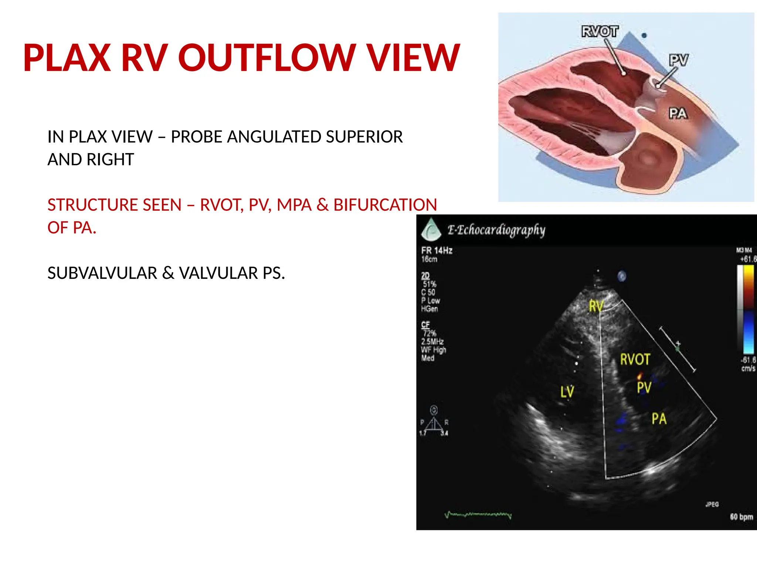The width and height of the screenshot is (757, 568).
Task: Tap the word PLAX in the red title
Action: (67, 58)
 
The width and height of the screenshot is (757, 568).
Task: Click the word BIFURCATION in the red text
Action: (385, 205)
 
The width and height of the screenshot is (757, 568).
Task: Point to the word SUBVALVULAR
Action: (102, 273)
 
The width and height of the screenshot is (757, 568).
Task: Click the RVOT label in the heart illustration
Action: (600, 31)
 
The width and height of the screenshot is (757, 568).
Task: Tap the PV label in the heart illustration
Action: (679, 60)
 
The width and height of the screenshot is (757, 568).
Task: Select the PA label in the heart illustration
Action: (678, 113)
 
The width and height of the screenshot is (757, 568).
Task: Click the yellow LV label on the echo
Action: (567, 392)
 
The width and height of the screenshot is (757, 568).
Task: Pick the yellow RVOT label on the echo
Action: (635, 359)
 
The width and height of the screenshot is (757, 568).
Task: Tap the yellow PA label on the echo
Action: (659, 419)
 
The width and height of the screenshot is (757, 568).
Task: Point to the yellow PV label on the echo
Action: (644, 388)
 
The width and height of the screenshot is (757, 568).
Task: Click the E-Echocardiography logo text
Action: (496, 230)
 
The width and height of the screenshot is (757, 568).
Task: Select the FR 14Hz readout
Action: (437, 251)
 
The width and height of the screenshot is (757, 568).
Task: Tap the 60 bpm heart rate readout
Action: (741, 517)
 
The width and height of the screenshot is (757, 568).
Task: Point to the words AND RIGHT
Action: (91, 160)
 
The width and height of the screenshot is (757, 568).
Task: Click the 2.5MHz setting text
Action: (432, 341)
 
